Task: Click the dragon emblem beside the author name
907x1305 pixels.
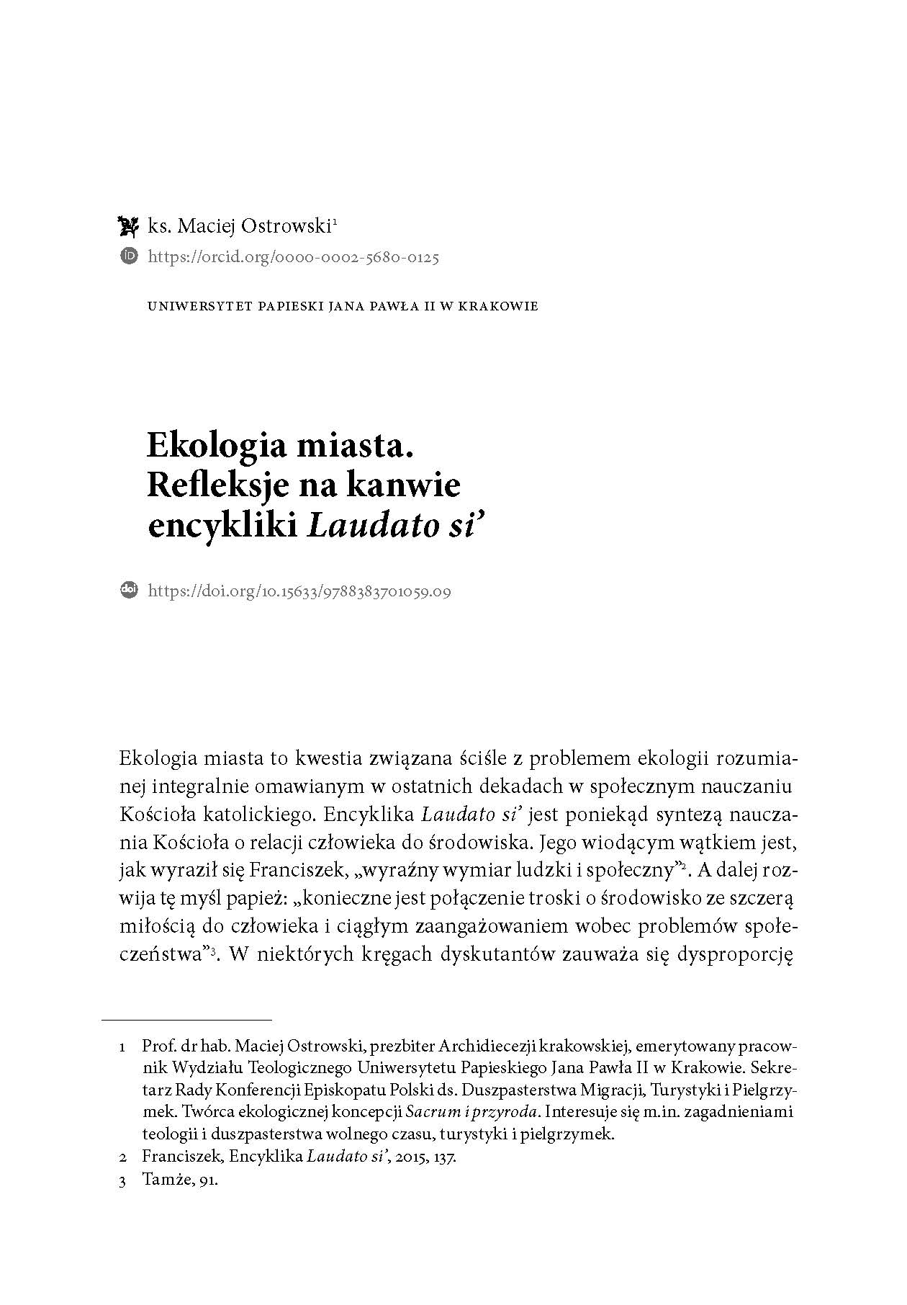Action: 127,228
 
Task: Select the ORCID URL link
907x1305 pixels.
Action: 293,257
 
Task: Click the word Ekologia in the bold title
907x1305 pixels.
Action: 208,446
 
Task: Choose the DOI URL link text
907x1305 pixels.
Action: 299,592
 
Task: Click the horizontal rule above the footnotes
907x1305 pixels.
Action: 186,1020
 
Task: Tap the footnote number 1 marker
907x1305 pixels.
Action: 122,1045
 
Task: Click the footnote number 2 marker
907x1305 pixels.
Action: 122,1158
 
